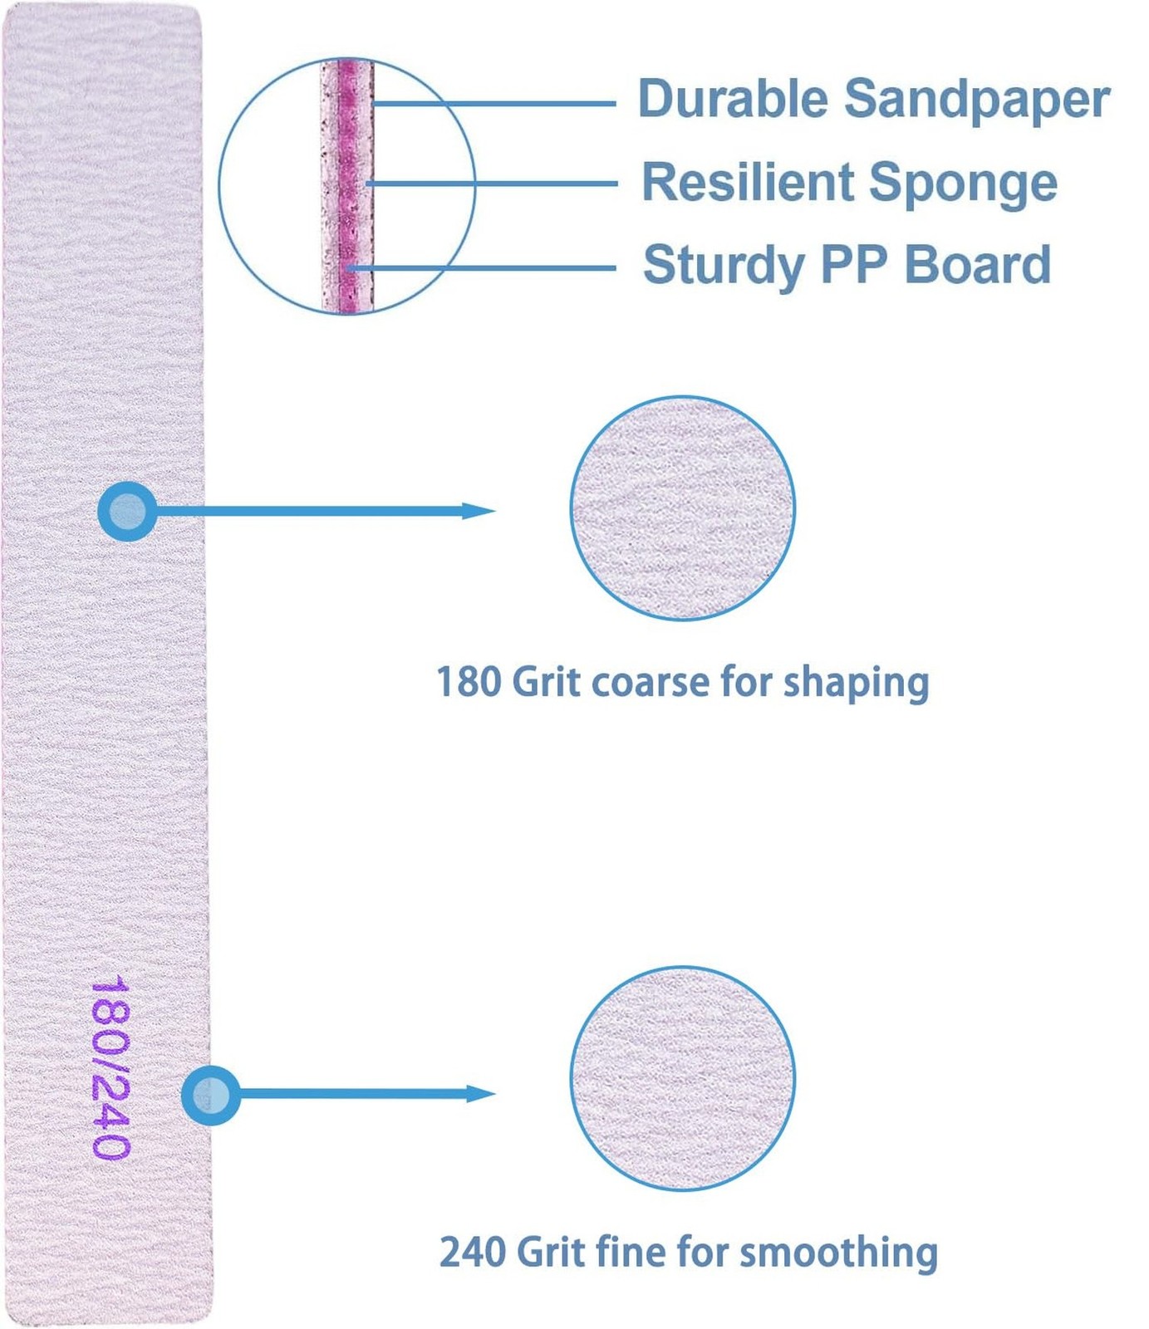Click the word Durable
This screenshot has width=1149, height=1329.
coord(733,99)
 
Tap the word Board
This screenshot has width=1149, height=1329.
coord(978,265)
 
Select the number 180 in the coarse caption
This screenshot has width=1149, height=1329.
coord(469,682)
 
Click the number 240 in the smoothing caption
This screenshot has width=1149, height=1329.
coord(472,1252)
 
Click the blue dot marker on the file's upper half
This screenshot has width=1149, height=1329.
coord(127,512)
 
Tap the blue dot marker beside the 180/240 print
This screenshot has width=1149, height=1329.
coord(211,1096)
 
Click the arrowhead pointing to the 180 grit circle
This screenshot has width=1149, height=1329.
coord(479,511)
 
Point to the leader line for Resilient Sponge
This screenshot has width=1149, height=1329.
coord(491,183)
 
